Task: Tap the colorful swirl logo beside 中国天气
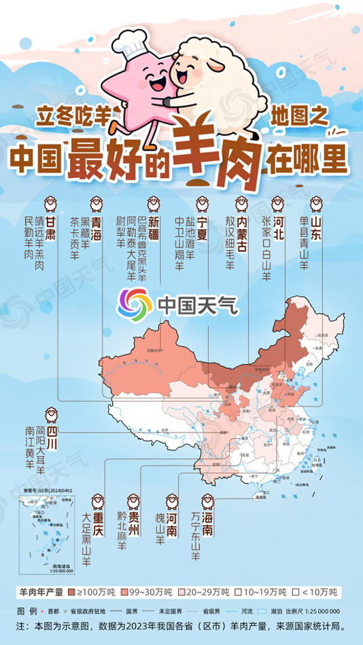(135, 303)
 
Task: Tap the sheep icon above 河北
(278, 203)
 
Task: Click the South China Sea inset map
(45, 533)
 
